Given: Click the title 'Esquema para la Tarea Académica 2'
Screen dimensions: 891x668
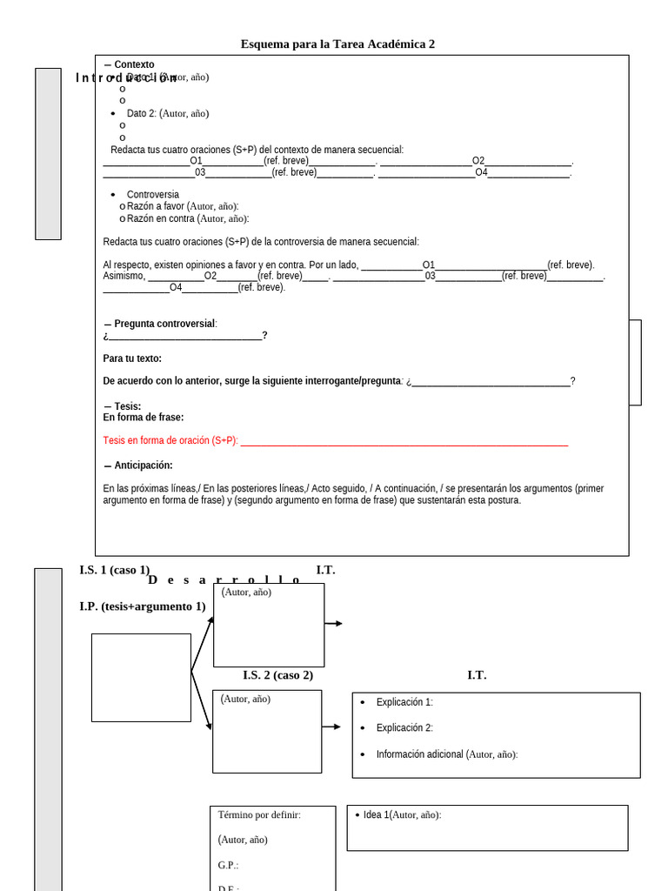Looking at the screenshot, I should click(x=337, y=44).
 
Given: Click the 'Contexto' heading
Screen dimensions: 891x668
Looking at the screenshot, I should click(x=134, y=64).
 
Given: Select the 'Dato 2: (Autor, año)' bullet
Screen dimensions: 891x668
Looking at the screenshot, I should click(x=168, y=113).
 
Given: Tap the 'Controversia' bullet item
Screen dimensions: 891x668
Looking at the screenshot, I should click(x=153, y=194).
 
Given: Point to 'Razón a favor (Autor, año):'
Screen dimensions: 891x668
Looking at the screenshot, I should click(x=183, y=206).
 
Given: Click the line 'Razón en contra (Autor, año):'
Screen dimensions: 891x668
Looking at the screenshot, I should click(x=188, y=218).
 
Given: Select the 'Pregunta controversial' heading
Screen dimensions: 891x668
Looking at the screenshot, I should click(x=165, y=324).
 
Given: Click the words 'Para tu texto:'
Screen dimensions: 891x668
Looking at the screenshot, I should click(x=132, y=358).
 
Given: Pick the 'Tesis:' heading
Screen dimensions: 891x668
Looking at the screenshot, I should click(x=127, y=406).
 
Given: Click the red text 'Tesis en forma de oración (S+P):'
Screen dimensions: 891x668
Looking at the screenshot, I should click(x=170, y=440).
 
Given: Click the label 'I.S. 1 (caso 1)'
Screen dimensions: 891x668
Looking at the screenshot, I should click(x=114, y=570).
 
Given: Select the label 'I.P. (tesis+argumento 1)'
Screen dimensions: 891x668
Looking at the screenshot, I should click(x=143, y=606).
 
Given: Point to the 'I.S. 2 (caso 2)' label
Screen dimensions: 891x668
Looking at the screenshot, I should click(x=277, y=675).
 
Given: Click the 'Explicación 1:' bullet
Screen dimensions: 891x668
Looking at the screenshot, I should click(x=404, y=702).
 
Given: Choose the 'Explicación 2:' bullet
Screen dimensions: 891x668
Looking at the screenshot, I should click(x=404, y=728).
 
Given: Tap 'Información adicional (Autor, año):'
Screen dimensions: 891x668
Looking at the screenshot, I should click(x=447, y=754).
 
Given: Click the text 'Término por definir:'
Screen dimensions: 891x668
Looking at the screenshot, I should click(x=259, y=815).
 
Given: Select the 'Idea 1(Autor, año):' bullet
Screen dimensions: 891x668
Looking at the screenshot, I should click(x=402, y=815).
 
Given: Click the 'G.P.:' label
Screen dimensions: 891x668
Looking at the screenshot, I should click(x=228, y=866).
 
